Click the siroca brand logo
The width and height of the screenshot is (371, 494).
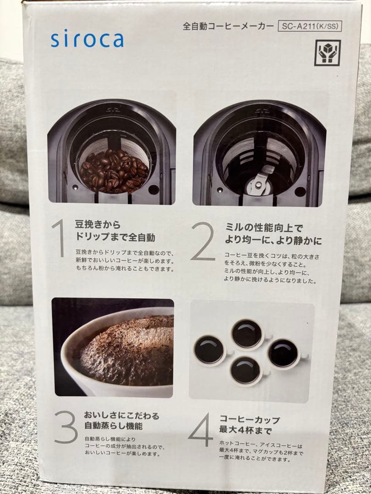coord(87,39)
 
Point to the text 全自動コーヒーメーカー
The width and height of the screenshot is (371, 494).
coord(228,26)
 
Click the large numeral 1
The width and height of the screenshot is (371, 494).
coord(59,239)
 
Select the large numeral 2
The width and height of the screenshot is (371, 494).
coord(202,243)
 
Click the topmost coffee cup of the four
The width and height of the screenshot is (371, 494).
coord(247,333)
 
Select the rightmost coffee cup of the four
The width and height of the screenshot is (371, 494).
coord(283,353)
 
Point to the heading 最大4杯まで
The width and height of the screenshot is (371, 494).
coord(246,430)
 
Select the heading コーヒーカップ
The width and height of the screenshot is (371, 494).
coord(249,419)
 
